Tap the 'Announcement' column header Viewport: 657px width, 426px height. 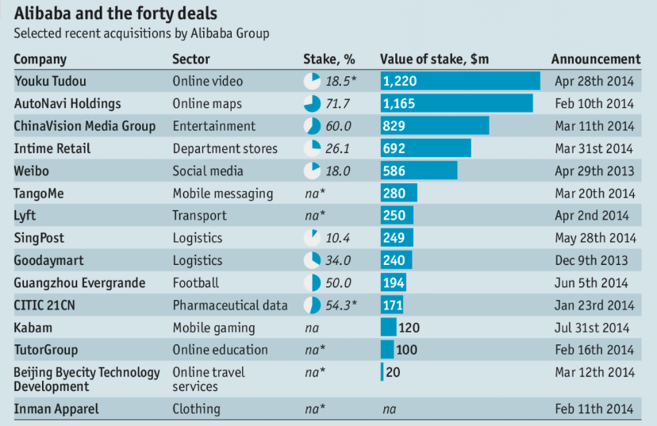(x=595, y=59)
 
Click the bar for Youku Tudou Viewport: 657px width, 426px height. (x=460, y=81)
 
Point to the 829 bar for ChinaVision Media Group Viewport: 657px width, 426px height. (x=435, y=126)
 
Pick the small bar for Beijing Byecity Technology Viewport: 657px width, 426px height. (x=382, y=372)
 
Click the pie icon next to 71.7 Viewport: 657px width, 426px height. (x=312, y=104)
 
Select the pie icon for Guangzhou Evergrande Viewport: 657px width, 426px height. (x=312, y=283)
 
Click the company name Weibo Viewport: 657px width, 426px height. (x=31, y=171)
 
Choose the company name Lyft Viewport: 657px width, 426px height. (x=25, y=216)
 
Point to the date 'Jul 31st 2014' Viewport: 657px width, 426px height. (x=593, y=328)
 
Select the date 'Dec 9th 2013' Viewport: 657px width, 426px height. (x=591, y=260)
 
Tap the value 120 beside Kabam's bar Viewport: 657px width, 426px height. (x=409, y=328)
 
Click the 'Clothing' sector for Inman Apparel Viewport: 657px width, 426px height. (x=196, y=409)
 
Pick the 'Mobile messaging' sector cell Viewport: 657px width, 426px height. (x=222, y=194)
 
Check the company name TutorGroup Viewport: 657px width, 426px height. (x=46, y=350)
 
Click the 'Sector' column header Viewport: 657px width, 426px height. (x=191, y=59)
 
